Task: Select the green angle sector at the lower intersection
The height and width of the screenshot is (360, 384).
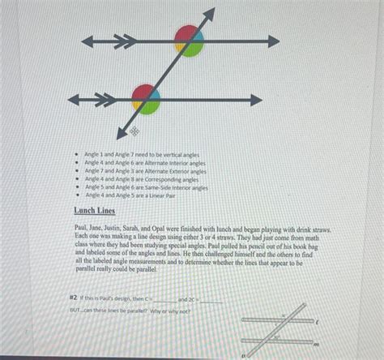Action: pos(151,105)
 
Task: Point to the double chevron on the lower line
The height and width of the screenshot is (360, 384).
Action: pos(104,100)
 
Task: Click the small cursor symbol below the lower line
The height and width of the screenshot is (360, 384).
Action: pos(134,130)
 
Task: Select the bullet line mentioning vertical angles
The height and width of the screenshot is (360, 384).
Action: pos(141,154)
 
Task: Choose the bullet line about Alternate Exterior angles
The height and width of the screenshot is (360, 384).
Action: pos(145,171)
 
